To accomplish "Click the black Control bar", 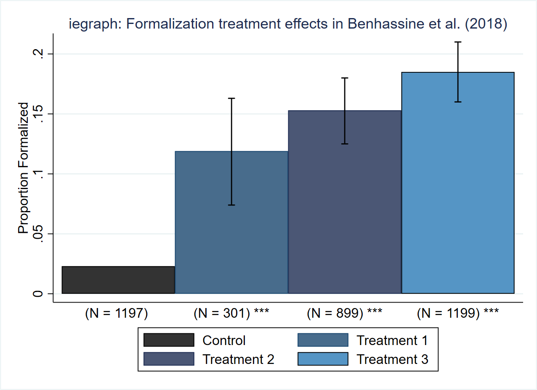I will [118, 280].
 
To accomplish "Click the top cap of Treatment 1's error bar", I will [231, 98].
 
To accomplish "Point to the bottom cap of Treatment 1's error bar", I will [231, 205].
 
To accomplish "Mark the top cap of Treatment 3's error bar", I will [458, 42].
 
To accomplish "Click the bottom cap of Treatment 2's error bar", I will [345, 144].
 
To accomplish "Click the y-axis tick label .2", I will [38, 54].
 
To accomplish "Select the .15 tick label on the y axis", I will [38, 114].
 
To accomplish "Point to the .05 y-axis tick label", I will [38, 234].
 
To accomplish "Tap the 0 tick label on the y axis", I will [38, 294].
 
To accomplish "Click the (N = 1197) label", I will [117, 314].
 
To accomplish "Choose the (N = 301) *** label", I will [231, 314].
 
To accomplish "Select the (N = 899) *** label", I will [344, 314].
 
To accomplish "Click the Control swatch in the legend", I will [169, 340].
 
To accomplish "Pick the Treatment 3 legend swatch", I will [323, 359].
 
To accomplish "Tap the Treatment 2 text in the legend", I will [238, 359].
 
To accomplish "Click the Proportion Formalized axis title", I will [24, 168].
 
